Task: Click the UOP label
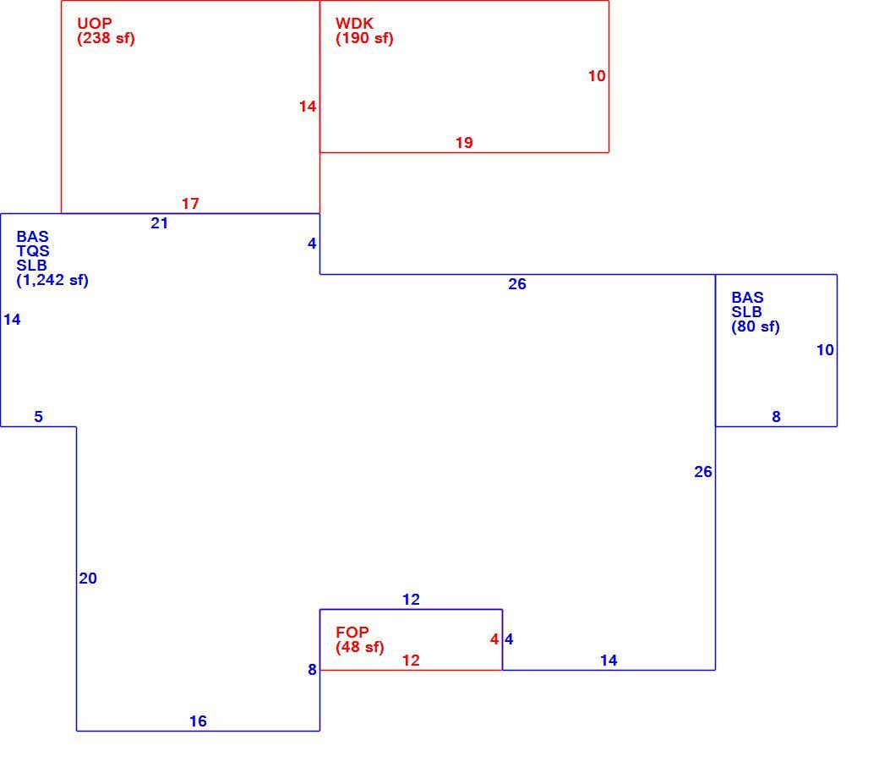coord(94,24)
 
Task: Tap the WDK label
coord(354,24)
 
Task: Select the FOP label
coord(352,633)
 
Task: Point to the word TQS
coord(32,250)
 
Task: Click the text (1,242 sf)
coord(52,280)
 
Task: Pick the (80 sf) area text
coord(755,326)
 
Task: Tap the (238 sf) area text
coord(106,38)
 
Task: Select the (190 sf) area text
coord(364,38)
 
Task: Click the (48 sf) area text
coord(360,647)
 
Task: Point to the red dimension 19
coord(464,143)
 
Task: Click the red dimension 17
coord(190,204)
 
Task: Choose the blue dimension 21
coord(159,223)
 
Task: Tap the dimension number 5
coord(38,417)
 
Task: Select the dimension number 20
coord(88,578)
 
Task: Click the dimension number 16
coord(198,721)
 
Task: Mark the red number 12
coord(411,661)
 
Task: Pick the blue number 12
coord(411,600)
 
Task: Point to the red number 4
coord(494,639)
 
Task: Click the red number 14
coord(307,107)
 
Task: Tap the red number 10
coord(597,76)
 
